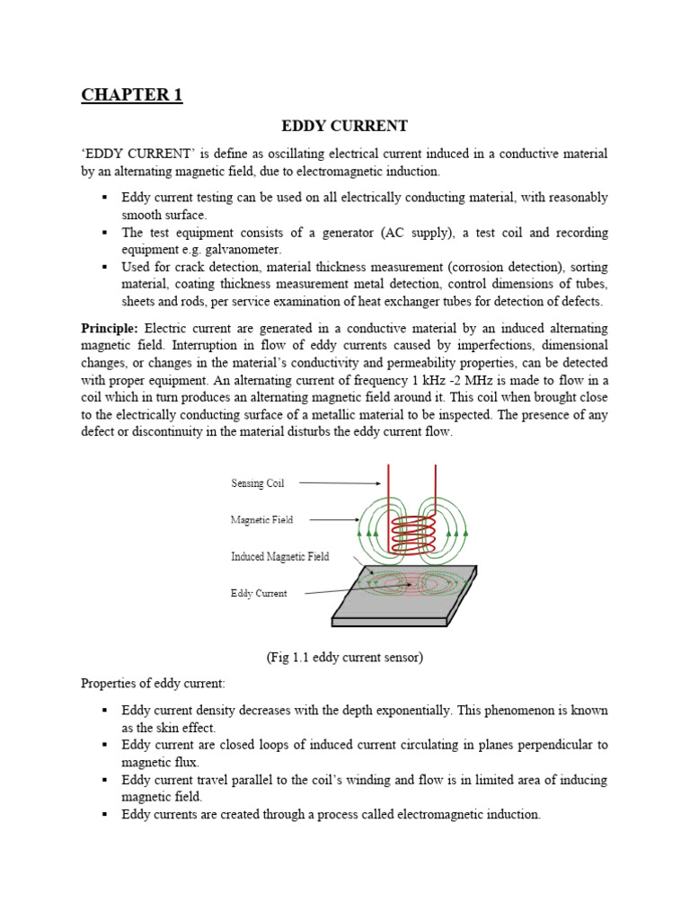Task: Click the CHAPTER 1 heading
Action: tap(132, 95)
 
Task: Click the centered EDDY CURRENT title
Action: tap(345, 127)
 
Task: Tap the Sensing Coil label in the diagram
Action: tap(258, 483)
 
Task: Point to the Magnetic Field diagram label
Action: tap(261, 519)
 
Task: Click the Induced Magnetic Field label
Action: tap(279, 556)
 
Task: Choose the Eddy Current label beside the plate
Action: tap(259, 593)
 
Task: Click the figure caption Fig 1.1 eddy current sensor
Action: tap(344, 657)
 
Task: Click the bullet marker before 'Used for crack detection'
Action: tap(104, 267)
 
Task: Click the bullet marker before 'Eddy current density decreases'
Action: tap(104, 710)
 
